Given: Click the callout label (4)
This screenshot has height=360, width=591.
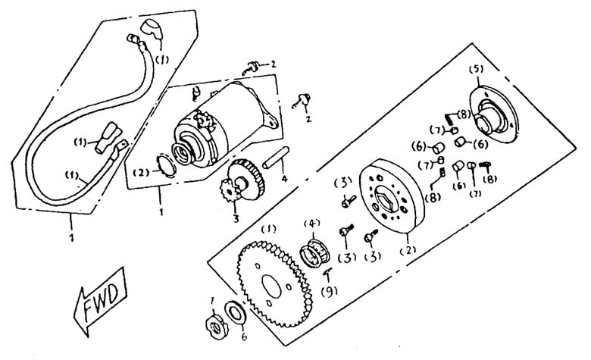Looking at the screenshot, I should [312, 223].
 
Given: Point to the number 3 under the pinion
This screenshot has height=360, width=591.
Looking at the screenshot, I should [236, 219].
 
